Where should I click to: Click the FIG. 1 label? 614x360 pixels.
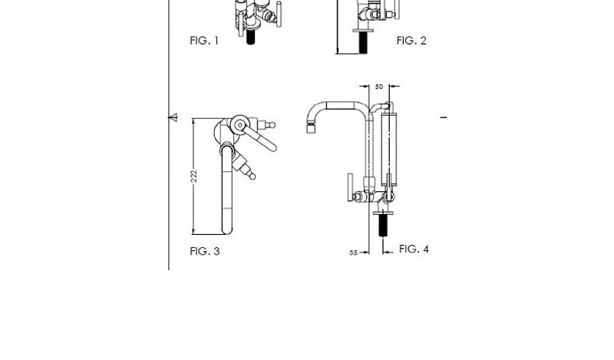[x=204, y=41]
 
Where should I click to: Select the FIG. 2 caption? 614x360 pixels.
[x=411, y=41]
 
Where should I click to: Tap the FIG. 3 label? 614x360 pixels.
[x=205, y=251]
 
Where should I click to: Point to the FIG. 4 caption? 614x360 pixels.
[x=414, y=249]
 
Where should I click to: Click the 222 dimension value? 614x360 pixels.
[x=194, y=177]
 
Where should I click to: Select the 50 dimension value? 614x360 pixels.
[x=378, y=87]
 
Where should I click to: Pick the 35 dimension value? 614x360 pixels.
[x=353, y=253]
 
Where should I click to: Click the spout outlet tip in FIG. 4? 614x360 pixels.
[x=311, y=128]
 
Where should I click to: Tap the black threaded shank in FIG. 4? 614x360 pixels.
[x=383, y=226]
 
